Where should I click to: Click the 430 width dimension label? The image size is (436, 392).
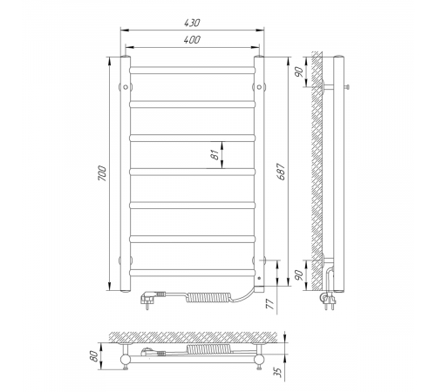click(192, 23)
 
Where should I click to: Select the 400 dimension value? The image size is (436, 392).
click(192, 40)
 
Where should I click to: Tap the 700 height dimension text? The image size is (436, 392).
click(102, 173)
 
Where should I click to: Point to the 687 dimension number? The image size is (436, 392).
click(282, 172)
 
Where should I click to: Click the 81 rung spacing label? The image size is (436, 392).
click(215, 155)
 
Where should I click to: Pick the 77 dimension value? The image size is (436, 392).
click(270, 303)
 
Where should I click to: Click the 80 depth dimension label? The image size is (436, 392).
click(93, 356)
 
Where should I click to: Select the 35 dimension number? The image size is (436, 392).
click(278, 372)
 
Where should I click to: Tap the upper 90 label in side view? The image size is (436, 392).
click(299, 71)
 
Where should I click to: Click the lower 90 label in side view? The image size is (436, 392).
click(299, 274)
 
